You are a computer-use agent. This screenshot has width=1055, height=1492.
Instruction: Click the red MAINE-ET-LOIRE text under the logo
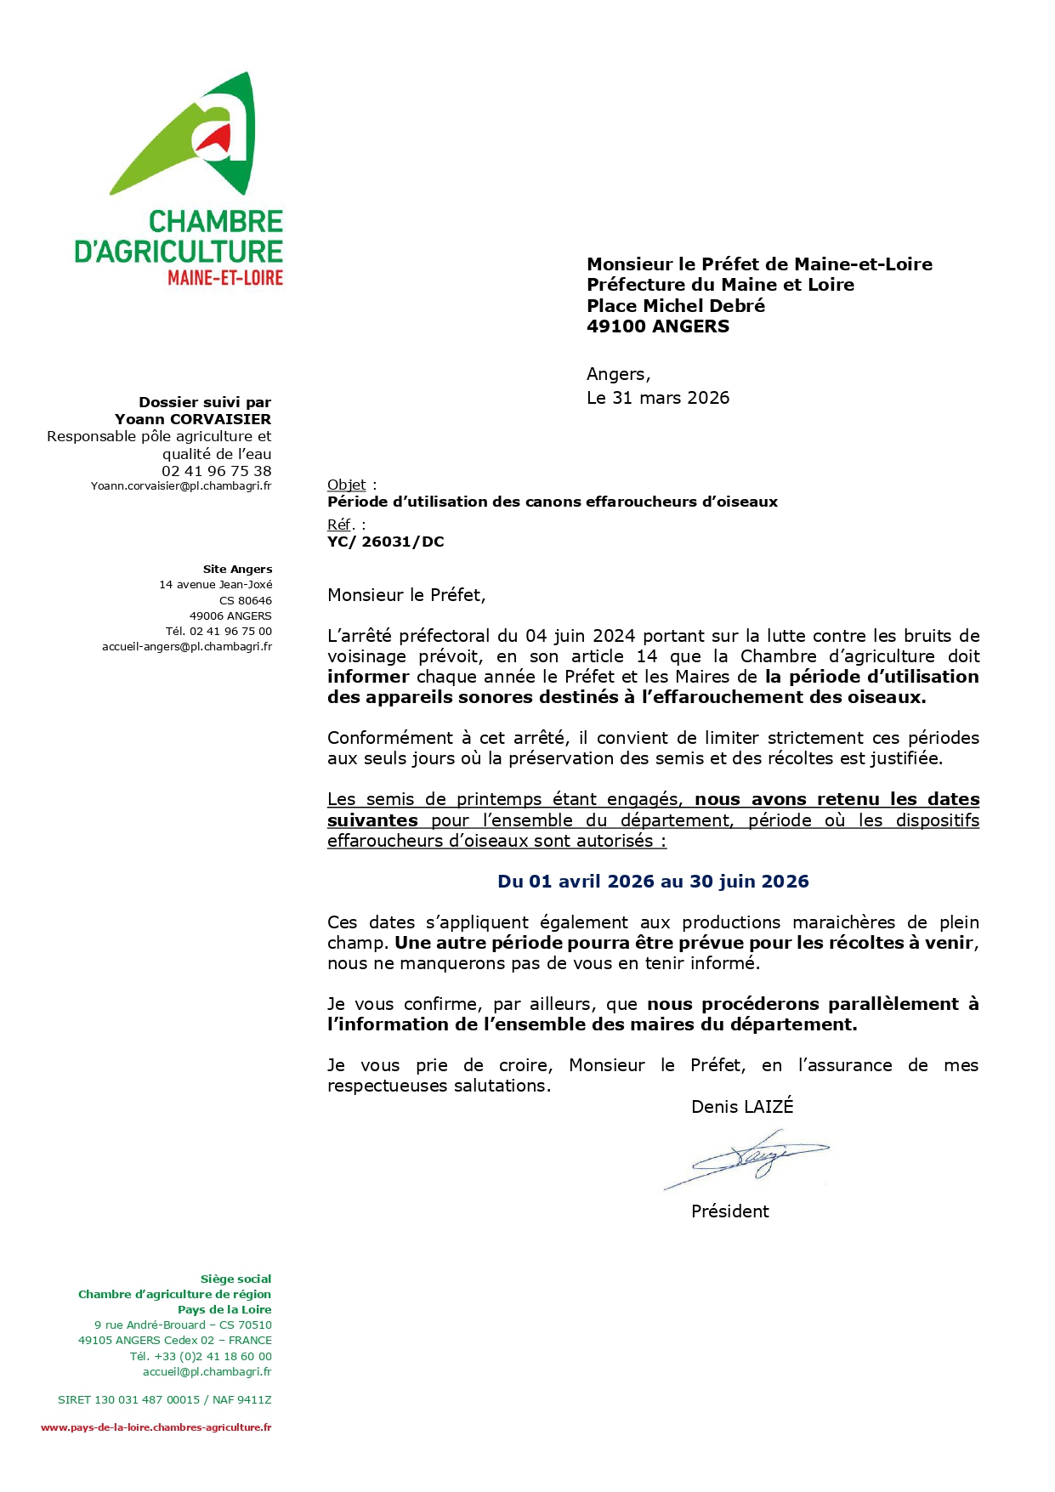(x=225, y=278)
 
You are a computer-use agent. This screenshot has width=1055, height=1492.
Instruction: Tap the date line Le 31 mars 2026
(x=658, y=398)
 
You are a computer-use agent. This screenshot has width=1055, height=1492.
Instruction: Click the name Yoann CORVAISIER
(x=193, y=419)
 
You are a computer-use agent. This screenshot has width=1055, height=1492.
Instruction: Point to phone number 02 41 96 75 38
(x=217, y=471)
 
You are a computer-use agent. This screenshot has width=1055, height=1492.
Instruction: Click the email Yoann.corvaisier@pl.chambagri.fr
(x=181, y=486)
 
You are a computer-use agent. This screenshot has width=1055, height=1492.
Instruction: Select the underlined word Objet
(x=346, y=485)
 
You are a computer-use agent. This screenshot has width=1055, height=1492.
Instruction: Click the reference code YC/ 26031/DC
(x=386, y=542)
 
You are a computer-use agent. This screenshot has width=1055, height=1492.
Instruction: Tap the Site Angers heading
(x=237, y=570)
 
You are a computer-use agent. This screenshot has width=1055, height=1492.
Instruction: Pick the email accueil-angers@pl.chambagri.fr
(x=187, y=647)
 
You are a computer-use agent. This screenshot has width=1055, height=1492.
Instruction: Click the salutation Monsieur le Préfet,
(x=406, y=595)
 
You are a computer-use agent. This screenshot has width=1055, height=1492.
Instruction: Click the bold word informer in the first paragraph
(x=368, y=677)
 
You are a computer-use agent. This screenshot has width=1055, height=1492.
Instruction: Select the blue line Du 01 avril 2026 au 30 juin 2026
(x=653, y=882)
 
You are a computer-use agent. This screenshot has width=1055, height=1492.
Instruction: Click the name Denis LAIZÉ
(x=742, y=1107)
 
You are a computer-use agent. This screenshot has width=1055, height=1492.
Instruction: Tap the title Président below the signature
(x=729, y=1211)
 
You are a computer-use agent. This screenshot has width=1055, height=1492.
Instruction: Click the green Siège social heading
(x=235, y=1279)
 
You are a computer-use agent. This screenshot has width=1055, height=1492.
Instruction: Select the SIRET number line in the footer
(x=165, y=1399)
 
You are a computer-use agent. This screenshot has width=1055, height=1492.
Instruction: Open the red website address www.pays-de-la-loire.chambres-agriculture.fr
(x=156, y=1427)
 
